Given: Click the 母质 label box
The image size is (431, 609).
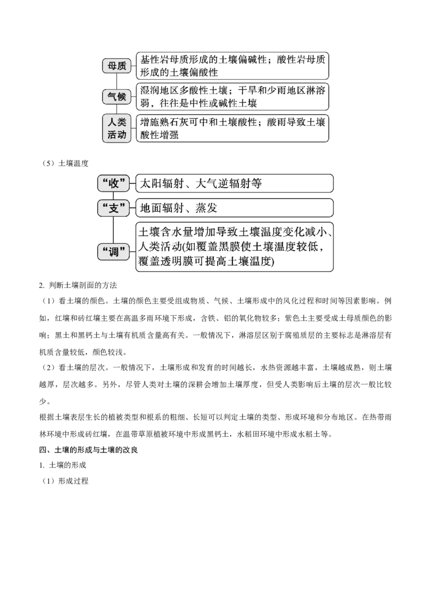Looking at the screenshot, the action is [x=117, y=66].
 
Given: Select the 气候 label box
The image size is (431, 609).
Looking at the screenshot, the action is [x=117, y=97].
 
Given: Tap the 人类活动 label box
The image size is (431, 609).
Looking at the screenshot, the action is [x=117, y=129].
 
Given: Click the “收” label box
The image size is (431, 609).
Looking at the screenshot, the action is [x=113, y=183].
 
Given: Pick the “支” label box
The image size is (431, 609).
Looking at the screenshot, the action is [x=113, y=208].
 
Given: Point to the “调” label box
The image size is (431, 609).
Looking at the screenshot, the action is [x=113, y=252].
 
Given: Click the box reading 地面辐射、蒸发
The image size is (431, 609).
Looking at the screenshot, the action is [x=234, y=208].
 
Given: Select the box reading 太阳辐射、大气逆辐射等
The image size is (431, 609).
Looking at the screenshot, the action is [x=234, y=183].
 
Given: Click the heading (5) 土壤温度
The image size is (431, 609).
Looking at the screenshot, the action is [x=65, y=164].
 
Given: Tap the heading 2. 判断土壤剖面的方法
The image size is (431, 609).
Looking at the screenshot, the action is [x=78, y=286].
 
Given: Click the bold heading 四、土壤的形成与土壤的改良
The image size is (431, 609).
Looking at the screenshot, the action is [x=88, y=450].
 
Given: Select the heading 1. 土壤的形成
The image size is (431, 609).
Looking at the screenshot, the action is [x=62, y=465].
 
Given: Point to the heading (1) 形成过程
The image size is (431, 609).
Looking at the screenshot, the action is [x=65, y=481].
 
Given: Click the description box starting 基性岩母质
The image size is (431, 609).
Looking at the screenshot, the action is [x=232, y=66].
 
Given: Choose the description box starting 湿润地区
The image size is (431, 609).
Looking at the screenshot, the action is [x=232, y=97].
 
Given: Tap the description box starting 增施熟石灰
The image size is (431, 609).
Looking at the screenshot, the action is [x=232, y=129].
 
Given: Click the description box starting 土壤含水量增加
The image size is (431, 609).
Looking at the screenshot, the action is [x=234, y=246].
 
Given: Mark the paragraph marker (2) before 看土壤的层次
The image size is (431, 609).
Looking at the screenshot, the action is [x=49, y=367].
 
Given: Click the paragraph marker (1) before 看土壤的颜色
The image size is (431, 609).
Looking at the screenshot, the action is [x=49, y=301].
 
